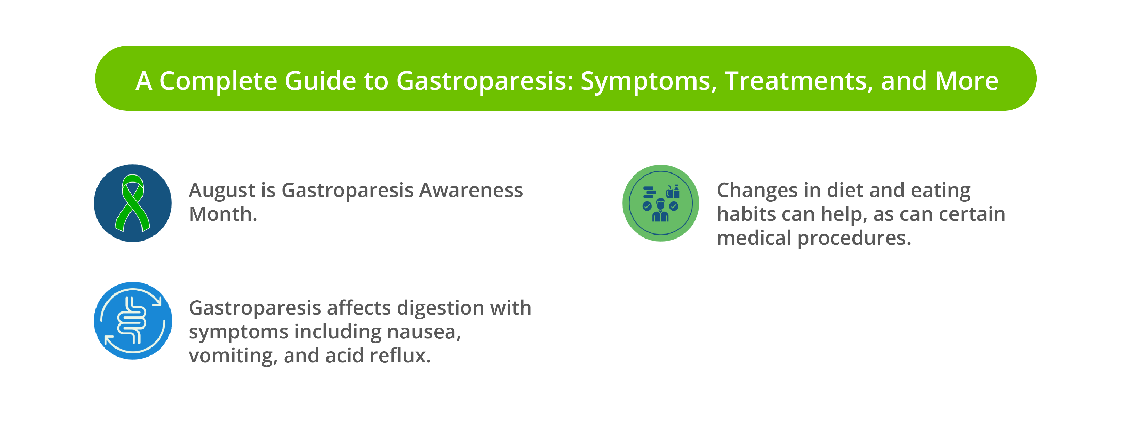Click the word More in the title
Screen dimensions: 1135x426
967,81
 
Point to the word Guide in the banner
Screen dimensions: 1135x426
320,81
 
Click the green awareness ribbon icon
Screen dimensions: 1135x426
133,203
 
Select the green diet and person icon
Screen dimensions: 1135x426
660,203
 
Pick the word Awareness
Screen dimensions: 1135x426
471,191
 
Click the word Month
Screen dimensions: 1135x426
223,214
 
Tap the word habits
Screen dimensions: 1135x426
746,214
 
